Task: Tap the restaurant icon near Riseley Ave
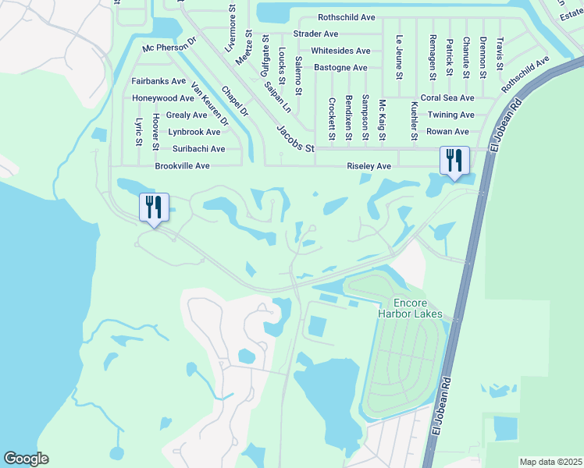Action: [454, 161]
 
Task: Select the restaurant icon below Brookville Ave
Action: [154, 208]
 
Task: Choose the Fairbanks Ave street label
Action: [158, 81]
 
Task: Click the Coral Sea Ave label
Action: [447, 98]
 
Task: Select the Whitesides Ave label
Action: [340, 51]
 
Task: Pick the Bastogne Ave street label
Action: [340, 68]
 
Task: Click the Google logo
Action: [26, 459]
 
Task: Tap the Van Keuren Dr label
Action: [209, 107]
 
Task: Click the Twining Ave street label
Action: [450, 115]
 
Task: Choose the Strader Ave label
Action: [315, 34]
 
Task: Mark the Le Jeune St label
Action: [399, 57]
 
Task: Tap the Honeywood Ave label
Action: [162, 98]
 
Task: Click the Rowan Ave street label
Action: [447, 132]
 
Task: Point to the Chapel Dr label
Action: [234, 102]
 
